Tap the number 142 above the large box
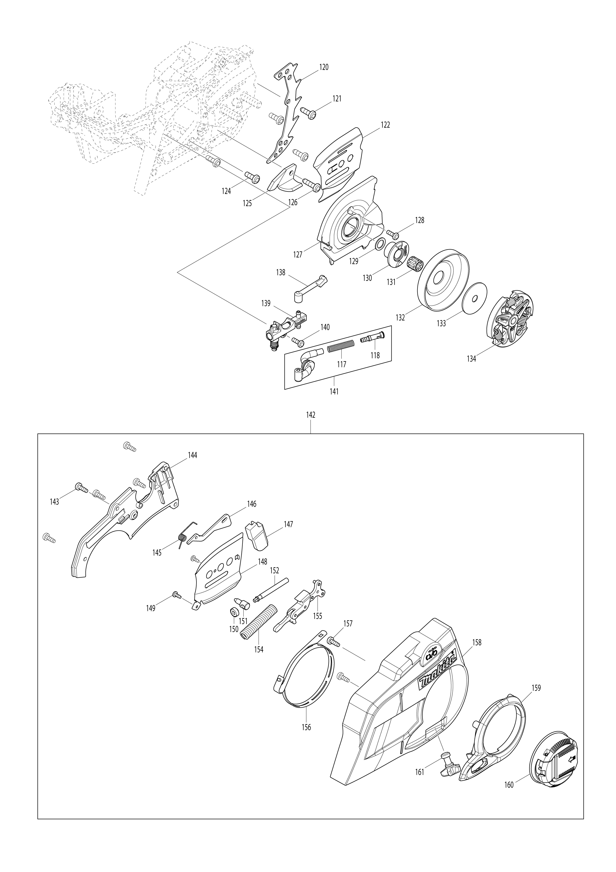[311, 415]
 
